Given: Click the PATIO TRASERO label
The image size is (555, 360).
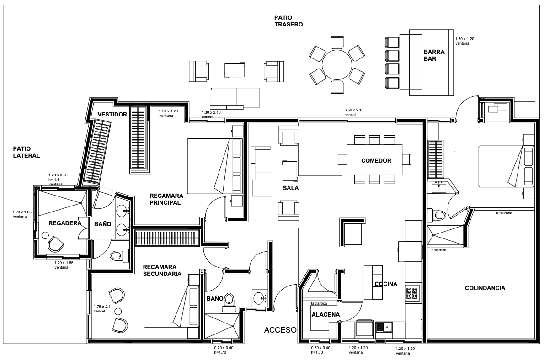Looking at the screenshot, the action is point(288,21).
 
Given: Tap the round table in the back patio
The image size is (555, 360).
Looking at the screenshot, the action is point(337,64).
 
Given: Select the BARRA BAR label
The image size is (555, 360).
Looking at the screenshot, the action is point(434,55).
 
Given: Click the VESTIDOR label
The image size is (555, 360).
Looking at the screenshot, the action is point(112,114).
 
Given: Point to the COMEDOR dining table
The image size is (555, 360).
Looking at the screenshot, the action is point(374,160).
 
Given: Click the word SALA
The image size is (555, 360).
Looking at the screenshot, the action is point(291,188).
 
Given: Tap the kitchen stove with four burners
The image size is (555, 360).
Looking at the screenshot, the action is point(412,293).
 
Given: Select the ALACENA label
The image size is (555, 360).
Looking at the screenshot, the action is point(326,314).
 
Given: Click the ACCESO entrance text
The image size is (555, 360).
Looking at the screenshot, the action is point(280,330).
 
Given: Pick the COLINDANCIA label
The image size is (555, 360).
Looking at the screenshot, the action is point(485,288).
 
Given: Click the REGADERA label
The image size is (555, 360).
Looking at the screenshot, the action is point(65,223).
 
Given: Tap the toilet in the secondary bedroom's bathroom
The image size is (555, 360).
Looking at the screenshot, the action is point(229,302).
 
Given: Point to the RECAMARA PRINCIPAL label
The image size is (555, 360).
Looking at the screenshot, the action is point(166,199).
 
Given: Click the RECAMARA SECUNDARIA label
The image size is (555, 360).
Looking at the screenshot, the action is point(162,270).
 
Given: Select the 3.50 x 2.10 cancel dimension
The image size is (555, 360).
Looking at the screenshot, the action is point(354,112).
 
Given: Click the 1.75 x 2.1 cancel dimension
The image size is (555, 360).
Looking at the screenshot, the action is point(102,309).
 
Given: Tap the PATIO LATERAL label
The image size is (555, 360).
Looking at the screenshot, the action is point(26,152).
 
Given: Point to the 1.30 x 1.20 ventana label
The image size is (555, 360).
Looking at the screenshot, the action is point(464,41).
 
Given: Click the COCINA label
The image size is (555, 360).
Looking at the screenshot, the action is point(386,284).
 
